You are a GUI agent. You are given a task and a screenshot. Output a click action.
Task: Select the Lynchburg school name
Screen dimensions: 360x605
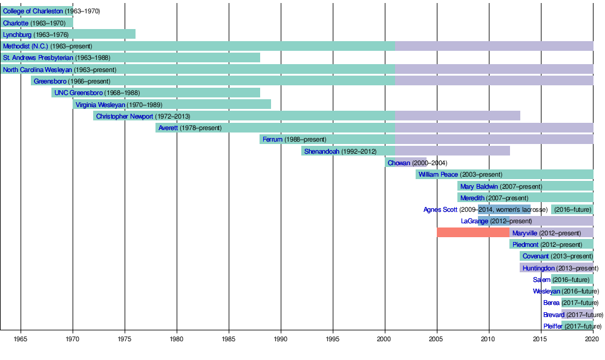point(17,34)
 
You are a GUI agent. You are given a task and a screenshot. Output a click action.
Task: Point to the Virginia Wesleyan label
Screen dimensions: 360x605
point(100,105)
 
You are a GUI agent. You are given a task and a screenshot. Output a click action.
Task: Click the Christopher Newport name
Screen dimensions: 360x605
point(125,116)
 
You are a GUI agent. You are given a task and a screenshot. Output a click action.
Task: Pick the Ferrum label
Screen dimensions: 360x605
point(272,139)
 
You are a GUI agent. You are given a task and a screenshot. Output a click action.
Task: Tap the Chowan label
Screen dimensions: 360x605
point(399,163)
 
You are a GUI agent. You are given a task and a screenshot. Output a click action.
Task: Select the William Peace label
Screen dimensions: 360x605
point(438,174)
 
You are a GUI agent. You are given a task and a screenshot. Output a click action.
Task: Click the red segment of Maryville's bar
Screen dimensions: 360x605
point(473,233)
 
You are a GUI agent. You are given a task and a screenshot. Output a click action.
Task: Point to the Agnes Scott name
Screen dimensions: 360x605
point(440,209)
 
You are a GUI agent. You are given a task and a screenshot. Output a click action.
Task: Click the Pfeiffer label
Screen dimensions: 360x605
point(553,326)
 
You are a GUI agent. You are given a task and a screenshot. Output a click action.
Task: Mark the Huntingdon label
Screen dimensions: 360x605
point(538,268)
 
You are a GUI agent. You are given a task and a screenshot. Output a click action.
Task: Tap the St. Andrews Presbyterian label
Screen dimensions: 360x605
point(38,57)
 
